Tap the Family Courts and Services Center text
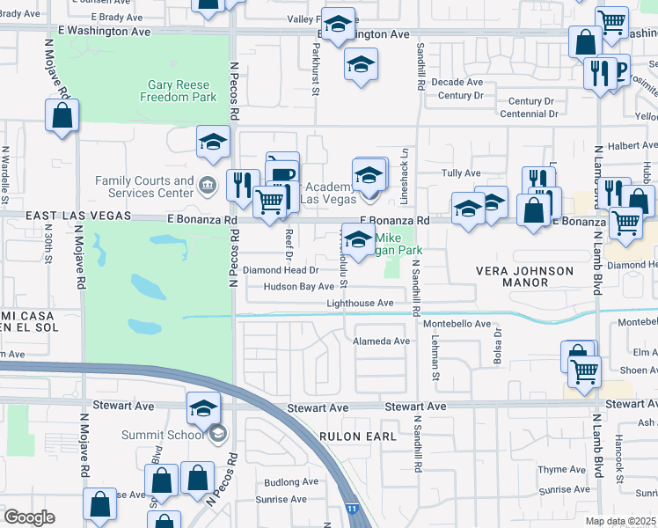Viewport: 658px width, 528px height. tap(144, 187)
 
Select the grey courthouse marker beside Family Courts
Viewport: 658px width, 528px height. tap(208, 185)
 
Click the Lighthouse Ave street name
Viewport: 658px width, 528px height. tap(360, 303)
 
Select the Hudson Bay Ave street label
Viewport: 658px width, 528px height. tap(299, 287)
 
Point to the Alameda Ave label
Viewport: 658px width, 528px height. tap(381, 341)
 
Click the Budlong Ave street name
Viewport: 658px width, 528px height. tap(290, 482)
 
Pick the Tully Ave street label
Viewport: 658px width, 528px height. tap(463, 173)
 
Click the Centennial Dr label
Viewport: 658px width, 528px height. tap(527, 114)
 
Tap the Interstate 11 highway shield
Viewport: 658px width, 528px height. tap(352, 509)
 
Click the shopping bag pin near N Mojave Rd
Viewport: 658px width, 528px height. tap(62, 115)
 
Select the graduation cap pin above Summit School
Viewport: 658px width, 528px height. tap(202, 409)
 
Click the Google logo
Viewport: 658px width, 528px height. tap(29, 517)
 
